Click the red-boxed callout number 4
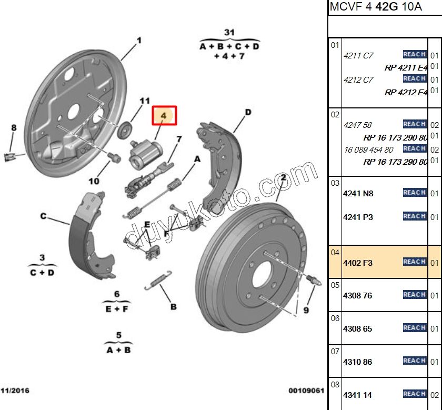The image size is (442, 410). click(164, 115)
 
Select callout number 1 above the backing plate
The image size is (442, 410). click(139, 40)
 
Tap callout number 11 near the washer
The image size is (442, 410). click(145, 101)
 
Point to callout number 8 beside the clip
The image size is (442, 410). click(14, 127)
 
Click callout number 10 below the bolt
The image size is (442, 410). click(94, 182)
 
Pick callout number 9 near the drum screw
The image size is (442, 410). click(306, 311)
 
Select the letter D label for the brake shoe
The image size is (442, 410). click(248, 112)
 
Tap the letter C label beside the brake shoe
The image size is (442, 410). click(44, 216)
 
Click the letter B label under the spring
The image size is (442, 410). click(173, 306)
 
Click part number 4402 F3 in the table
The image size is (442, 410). click(358, 262)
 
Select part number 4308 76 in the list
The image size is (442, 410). click(357, 296)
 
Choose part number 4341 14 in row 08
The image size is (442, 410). click(357, 395)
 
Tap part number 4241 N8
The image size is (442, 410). click(358, 193)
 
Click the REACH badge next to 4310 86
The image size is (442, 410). click(414, 361)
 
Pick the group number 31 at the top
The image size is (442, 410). click(229, 33)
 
